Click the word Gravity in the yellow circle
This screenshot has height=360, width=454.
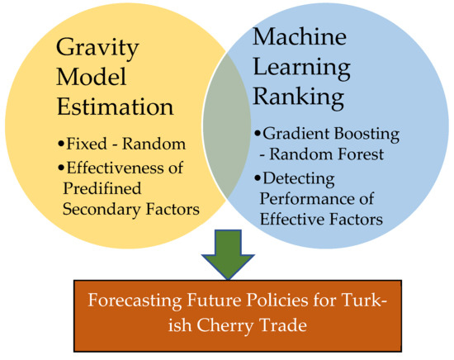point(97,49)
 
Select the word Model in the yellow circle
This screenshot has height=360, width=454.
point(92,77)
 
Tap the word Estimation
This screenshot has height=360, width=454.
point(116,107)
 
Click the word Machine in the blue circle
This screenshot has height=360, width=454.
point(300,36)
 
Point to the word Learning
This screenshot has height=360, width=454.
point(301,69)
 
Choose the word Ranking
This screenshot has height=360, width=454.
point(299,97)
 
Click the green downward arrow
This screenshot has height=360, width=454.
point(228,254)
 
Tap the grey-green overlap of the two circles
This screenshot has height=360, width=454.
point(226,126)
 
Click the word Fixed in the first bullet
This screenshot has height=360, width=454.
point(87,144)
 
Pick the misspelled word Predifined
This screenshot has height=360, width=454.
point(102,188)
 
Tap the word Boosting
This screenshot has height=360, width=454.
point(367,135)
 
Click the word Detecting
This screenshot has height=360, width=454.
point(299,179)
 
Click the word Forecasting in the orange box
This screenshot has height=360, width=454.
point(135,301)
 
